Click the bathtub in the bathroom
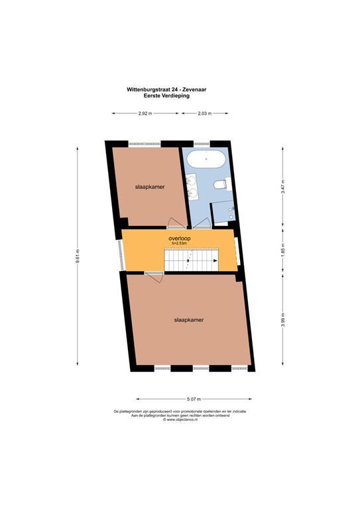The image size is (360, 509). point(206,160)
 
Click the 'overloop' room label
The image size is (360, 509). point(178,237)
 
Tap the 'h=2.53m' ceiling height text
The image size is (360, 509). point(179,243)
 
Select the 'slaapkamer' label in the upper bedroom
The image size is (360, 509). point(150,187)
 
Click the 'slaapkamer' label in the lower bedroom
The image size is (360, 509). point(188,319)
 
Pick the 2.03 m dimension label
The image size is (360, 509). point(204,113)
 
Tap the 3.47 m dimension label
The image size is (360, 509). point(283,186)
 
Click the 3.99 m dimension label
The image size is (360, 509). point(283,319)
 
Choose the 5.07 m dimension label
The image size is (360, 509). point(194,399)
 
